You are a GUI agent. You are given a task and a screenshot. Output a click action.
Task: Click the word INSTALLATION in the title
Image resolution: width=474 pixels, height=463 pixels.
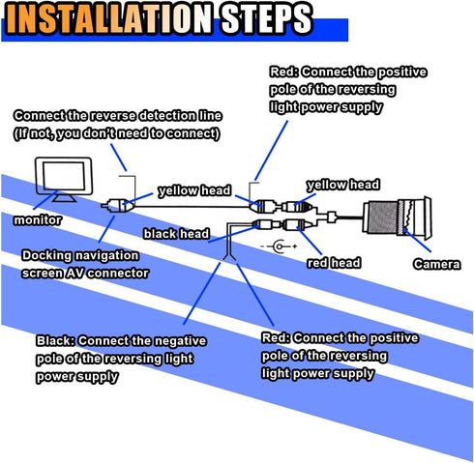pyautogui.click(x=108, y=18)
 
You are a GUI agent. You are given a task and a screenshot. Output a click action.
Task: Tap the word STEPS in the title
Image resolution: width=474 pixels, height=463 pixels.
pyautogui.click(x=266, y=18)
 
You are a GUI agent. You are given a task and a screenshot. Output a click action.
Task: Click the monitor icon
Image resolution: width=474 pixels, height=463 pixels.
pyautogui.click(x=64, y=179)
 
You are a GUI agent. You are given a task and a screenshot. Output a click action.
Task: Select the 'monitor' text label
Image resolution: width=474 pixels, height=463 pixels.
pyautogui.click(x=38, y=220)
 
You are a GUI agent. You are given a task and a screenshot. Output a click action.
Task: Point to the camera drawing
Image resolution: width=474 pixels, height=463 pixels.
pyautogui.click(x=397, y=217)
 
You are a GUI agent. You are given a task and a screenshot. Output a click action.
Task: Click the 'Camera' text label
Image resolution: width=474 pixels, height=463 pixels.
pyautogui.click(x=437, y=264)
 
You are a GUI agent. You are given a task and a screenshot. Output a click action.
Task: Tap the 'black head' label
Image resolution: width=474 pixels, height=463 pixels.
pyautogui.click(x=176, y=234)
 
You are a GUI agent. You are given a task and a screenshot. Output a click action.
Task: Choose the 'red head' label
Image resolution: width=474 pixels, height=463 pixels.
pyautogui.click(x=334, y=263)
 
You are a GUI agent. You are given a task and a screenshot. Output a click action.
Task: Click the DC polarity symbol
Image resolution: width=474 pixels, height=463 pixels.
pyautogui.click(x=279, y=246)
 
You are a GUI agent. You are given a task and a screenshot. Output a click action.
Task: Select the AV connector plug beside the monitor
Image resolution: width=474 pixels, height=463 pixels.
pyautogui.click(x=117, y=205)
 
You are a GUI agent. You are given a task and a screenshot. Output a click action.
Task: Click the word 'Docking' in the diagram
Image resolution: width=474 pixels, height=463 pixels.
pyautogui.click(x=46, y=256)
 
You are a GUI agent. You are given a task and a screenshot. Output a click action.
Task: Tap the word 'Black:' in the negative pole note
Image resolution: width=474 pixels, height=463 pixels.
pyautogui.click(x=55, y=341)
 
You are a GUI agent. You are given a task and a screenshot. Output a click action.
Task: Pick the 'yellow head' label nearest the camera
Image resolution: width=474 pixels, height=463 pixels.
pyautogui.click(x=343, y=185)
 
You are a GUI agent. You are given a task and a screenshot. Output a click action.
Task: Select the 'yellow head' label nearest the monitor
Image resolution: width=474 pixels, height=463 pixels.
pyautogui.click(x=194, y=190)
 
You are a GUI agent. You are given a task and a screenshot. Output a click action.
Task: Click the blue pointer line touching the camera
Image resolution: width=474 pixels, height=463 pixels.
pyautogui.click(x=417, y=240)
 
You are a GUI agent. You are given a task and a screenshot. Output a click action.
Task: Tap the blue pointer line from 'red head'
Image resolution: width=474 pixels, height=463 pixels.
pyautogui.click(x=310, y=241)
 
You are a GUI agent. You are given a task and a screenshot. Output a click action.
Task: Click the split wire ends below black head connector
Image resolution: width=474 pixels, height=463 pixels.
pyautogui.click(x=229, y=257)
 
